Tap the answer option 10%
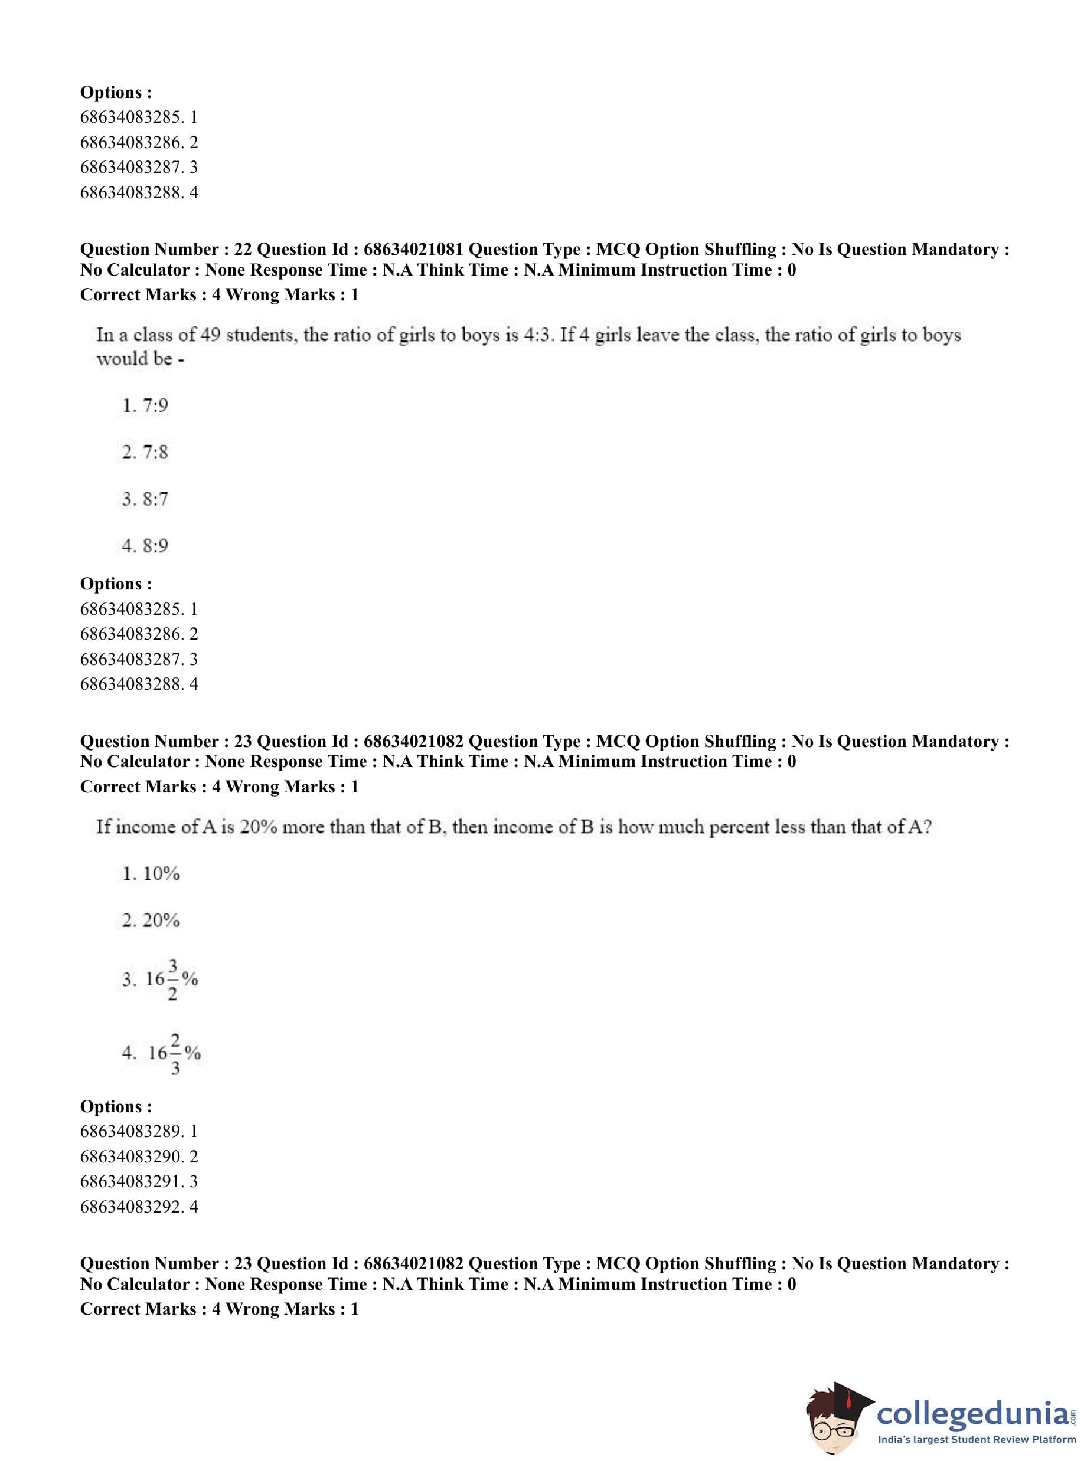click(x=161, y=873)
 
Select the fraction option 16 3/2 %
click(x=171, y=980)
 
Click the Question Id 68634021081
click(x=413, y=249)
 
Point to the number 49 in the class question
click(x=210, y=335)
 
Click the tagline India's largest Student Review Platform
click(x=977, y=1439)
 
